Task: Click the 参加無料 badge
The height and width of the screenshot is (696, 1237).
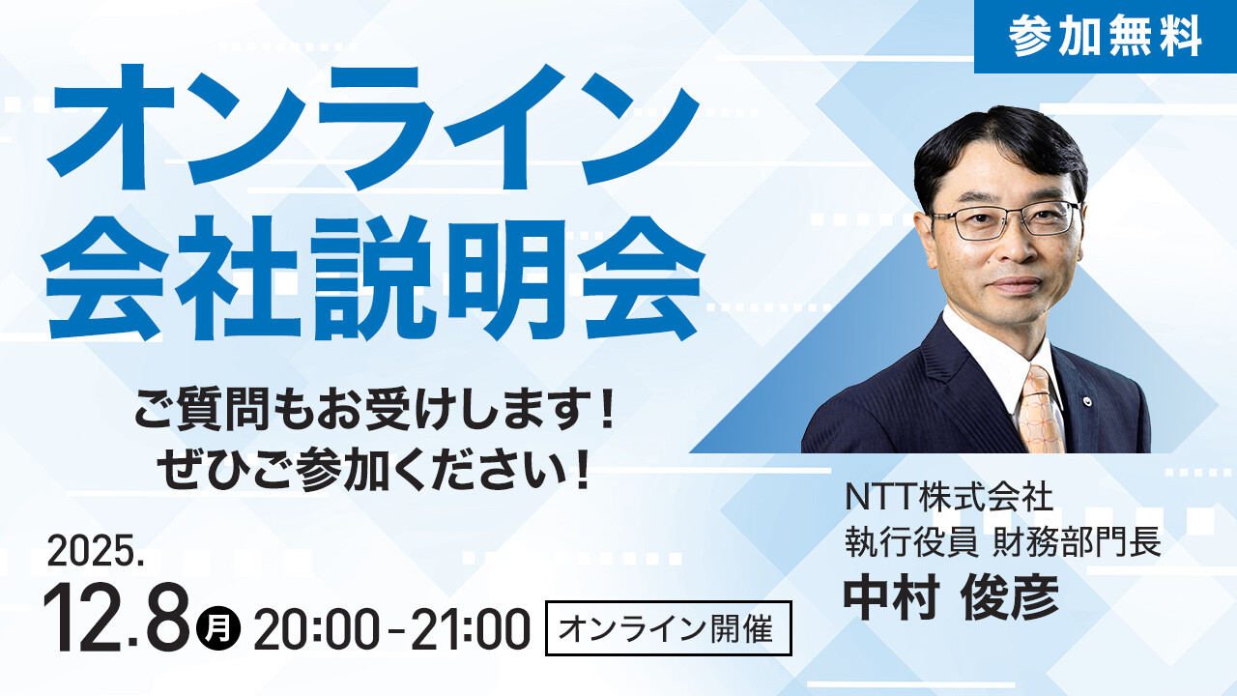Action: (1105, 37)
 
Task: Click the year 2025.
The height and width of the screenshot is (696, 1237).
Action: (96, 552)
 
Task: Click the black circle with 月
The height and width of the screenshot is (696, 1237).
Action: (218, 628)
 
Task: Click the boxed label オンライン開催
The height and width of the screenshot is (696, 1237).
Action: (668, 628)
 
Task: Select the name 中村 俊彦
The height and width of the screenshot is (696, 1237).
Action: (951, 599)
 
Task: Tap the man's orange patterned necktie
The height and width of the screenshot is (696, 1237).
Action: (1041, 411)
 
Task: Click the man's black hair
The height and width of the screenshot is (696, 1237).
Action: (995, 145)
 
